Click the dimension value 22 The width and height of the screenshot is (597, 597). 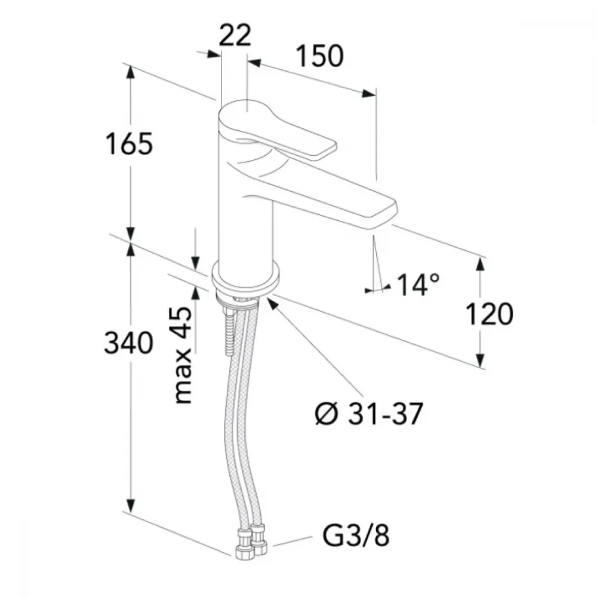pyautogui.click(x=235, y=35)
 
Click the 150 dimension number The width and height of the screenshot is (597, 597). pyautogui.click(x=320, y=56)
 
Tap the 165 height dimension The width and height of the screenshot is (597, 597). pyautogui.click(x=129, y=143)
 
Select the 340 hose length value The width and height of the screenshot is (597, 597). pyautogui.click(x=129, y=343)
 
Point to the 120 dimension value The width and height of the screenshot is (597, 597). pyautogui.click(x=490, y=314)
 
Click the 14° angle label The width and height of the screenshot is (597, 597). pyautogui.click(x=418, y=284)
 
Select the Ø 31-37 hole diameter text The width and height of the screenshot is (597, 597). pyautogui.click(x=369, y=414)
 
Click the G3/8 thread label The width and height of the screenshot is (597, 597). pyautogui.click(x=356, y=536)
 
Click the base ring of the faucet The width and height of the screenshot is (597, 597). pyautogui.click(x=247, y=278)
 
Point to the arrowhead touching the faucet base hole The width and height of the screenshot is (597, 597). pyautogui.click(x=273, y=304)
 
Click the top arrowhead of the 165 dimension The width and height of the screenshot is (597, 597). pyautogui.click(x=131, y=72)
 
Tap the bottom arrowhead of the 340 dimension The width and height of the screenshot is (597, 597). pyautogui.click(x=131, y=505)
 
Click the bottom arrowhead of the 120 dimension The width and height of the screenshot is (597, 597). pyautogui.click(x=481, y=360)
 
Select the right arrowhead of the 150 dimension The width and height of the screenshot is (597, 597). pyautogui.click(x=368, y=93)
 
